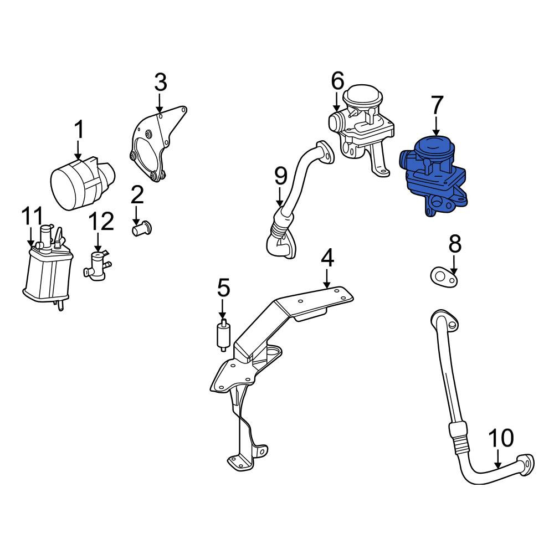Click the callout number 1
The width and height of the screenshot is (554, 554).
click(x=79, y=131)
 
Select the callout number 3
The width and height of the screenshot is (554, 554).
click(x=160, y=83)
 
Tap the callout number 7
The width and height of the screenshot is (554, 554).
click(x=437, y=105)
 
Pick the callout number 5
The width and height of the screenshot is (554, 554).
click(x=223, y=288)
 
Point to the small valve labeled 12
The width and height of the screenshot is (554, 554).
click(x=97, y=264)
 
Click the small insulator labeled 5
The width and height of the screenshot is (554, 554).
click(x=223, y=335)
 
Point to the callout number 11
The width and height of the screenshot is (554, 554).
click(x=32, y=216)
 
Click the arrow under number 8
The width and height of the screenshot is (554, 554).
click(x=454, y=264)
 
